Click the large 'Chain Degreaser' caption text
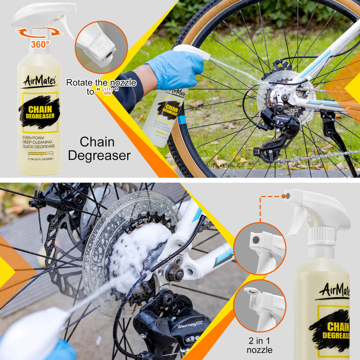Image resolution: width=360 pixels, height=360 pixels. tap(99, 149)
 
